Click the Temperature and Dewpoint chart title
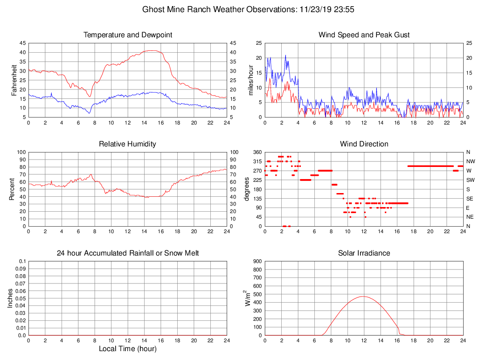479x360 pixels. (x=128, y=35)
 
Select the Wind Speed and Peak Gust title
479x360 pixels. (x=364, y=35)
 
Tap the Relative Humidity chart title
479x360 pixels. (x=128, y=144)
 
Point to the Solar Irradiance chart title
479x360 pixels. (x=364, y=253)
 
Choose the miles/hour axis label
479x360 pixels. (x=250, y=80)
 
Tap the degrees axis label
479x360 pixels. (x=247, y=189)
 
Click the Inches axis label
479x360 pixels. (x=11, y=298)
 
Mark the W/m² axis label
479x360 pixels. (x=248, y=298)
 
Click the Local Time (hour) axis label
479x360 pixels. (x=128, y=349)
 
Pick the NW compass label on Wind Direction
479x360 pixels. (x=468, y=161)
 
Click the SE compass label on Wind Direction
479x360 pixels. (x=468, y=199)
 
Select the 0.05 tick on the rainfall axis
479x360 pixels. (x=20, y=298)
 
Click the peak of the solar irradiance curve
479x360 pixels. (x=364, y=296)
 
